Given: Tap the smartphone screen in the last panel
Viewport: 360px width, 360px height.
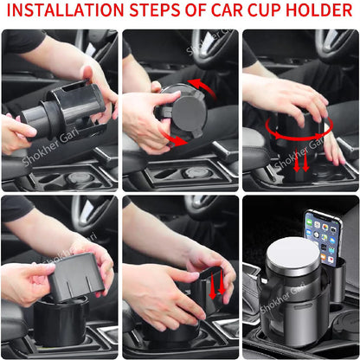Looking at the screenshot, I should point(323,235).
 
